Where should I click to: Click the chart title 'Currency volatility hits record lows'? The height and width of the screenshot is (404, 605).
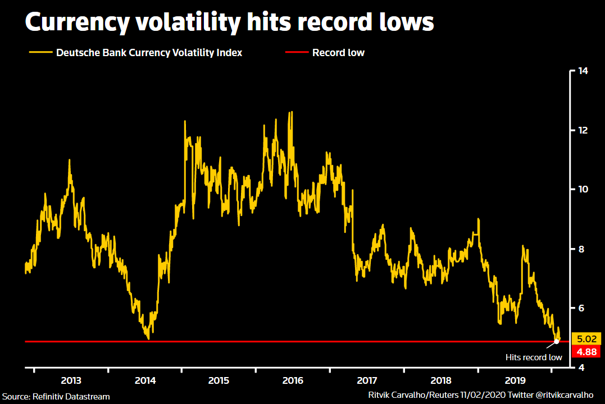[229, 22]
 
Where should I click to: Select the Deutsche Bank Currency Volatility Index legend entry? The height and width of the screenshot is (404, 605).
[149, 53]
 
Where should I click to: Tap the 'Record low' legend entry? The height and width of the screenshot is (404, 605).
[338, 53]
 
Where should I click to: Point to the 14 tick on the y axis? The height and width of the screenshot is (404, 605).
[583, 71]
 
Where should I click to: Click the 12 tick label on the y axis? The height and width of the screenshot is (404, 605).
[583, 130]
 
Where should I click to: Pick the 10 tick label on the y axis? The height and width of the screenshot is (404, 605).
[583, 190]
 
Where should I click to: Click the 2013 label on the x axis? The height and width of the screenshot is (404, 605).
[71, 380]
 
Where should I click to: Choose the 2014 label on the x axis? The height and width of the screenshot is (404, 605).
[145, 380]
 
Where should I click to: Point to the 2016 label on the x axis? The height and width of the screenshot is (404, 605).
[293, 380]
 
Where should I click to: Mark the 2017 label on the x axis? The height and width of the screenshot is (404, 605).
[367, 380]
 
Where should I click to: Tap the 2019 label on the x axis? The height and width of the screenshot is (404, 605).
[515, 380]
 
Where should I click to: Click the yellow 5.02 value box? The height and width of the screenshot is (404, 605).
[587, 339]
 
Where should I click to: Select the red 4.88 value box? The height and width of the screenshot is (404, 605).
[587, 352]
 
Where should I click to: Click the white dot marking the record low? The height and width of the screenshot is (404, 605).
[556, 341]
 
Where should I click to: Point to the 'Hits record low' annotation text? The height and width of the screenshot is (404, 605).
[533, 357]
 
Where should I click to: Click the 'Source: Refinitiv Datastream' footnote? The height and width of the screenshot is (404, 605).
[56, 397]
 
